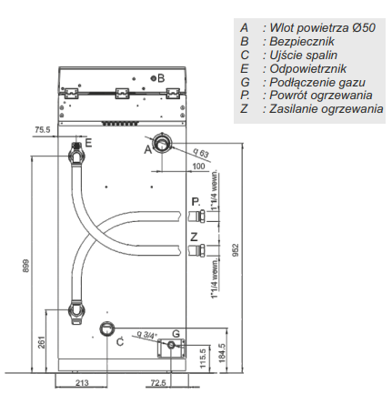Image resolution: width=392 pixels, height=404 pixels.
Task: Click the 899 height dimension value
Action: [x=26, y=266]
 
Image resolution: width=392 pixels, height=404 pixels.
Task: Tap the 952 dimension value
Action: [x=236, y=250]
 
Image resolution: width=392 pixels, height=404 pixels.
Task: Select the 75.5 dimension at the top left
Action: [x=43, y=130]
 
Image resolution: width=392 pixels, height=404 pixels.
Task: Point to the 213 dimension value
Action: [x=82, y=383]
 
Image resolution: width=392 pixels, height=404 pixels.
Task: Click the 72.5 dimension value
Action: [x=158, y=383]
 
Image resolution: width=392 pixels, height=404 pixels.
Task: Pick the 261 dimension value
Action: [x=42, y=342]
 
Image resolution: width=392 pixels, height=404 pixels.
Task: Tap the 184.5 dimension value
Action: [x=222, y=353]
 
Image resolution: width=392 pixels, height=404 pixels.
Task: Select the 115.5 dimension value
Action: [x=203, y=359]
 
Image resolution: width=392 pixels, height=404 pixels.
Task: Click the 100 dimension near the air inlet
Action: [x=198, y=166]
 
